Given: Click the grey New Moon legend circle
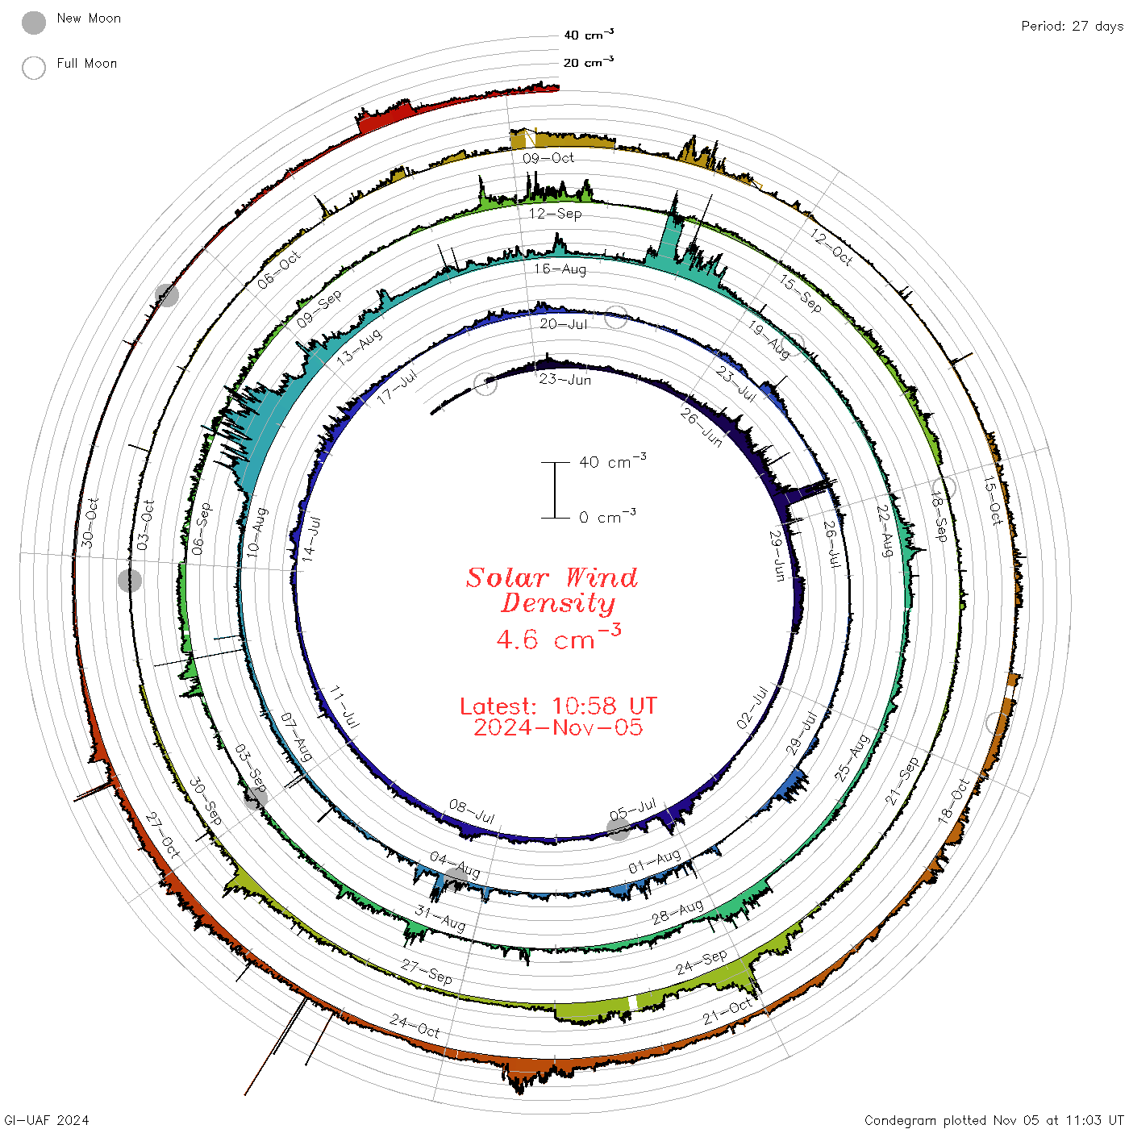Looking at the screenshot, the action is point(33,23).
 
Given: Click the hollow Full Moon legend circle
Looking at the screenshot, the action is point(33,68).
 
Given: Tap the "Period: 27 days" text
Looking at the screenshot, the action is point(1072,27).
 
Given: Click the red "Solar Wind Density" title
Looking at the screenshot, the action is point(552,590).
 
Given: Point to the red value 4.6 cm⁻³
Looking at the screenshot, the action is point(558,637).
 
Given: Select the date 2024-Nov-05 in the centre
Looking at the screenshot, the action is point(558,727).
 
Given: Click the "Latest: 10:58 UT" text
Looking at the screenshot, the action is point(558,706).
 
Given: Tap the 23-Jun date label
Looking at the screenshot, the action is point(564,379).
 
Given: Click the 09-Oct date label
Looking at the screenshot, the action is point(548,157).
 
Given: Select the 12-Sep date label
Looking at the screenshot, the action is point(555,213).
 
